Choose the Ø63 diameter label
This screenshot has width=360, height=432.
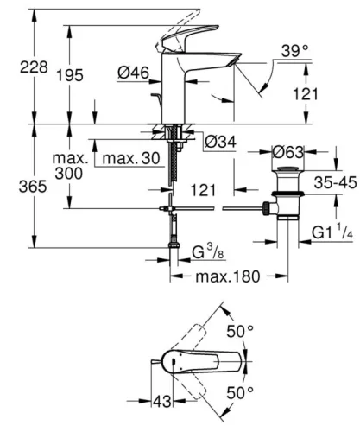coord(287,152)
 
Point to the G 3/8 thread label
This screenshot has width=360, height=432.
coord(208,252)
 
